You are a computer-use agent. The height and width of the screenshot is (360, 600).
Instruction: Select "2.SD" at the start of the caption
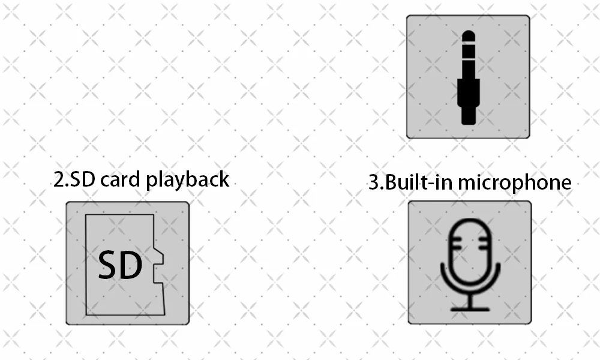pyautogui.click(x=74, y=179)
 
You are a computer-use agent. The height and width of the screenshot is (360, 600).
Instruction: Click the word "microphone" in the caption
pyautogui.click(x=515, y=182)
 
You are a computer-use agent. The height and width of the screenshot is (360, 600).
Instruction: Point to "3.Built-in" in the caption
pyautogui.click(x=412, y=182)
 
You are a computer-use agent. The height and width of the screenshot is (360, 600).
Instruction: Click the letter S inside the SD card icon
pyautogui.click(x=108, y=265)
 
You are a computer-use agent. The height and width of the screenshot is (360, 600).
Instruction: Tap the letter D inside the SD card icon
pyautogui.click(x=131, y=265)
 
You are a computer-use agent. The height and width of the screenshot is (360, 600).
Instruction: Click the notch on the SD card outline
pyautogui.click(x=158, y=265)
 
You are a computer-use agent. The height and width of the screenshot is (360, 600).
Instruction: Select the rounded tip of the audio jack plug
pyautogui.click(x=469, y=36)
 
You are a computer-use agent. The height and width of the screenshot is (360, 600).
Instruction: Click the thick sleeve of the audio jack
pyautogui.click(x=469, y=93)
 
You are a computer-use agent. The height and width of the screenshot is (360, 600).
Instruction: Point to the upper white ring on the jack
pyautogui.click(x=469, y=43)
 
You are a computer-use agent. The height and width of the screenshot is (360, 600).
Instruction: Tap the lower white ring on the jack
pyautogui.click(x=469, y=59)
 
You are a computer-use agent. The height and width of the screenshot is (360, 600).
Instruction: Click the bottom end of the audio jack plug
pyautogui.click(x=469, y=122)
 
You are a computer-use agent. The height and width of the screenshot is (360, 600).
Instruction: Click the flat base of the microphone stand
pyautogui.click(x=470, y=309)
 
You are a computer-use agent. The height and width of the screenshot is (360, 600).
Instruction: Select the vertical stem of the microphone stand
pyautogui.click(x=470, y=300)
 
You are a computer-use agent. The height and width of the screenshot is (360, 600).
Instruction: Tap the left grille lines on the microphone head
pyautogui.click(x=457, y=244)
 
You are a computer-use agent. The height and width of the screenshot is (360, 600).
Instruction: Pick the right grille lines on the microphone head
pyautogui.click(x=484, y=244)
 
